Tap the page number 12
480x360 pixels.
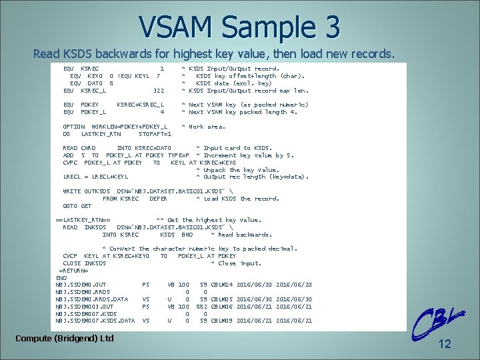coord(445,344)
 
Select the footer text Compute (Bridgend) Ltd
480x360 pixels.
coord(64,339)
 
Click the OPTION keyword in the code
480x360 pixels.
coord(73,126)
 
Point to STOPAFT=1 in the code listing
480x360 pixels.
coord(155,133)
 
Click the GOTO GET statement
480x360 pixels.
coord(77,205)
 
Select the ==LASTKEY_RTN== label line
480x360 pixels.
coord(83,220)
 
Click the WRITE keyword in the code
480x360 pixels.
coord(71,191)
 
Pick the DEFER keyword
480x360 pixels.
coord(158,198)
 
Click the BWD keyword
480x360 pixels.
coord(187,234)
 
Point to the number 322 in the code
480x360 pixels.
coord(158,90)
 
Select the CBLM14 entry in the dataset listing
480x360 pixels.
coord(222,285)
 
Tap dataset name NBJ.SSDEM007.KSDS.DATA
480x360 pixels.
coord(95,321)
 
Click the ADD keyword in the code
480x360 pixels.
coord(67,155)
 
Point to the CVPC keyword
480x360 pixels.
coord(69,162)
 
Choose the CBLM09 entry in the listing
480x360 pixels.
coord(222,321)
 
